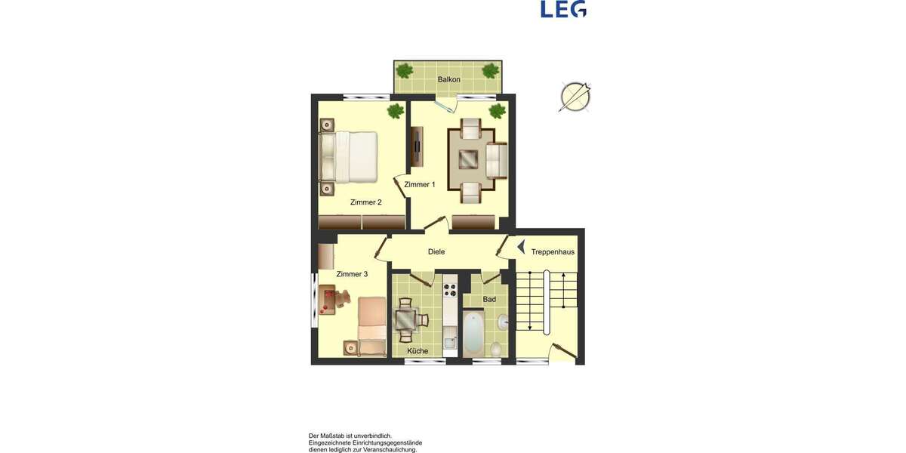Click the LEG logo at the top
click(x=563, y=9)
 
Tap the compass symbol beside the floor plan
click(x=575, y=97)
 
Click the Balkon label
click(x=448, y=79)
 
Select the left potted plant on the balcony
click(x=405, y=71)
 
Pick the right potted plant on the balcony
click(x=491, y=71)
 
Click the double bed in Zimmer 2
click(x=350, y=157)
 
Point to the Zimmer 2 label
click(x=366, y=202)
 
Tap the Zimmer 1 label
click(x=420, y=184)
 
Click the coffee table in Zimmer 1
click(x=468, y=159)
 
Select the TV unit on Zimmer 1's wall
click(x=417, y=146)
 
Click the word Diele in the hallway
click(x=436, y=251)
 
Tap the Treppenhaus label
click(x=553, y=251)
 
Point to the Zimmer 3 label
click(x=352, y=274)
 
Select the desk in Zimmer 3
click(x=330, y=300)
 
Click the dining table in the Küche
click(x=407, y=317)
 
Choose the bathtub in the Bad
click(x=473, y=334)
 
